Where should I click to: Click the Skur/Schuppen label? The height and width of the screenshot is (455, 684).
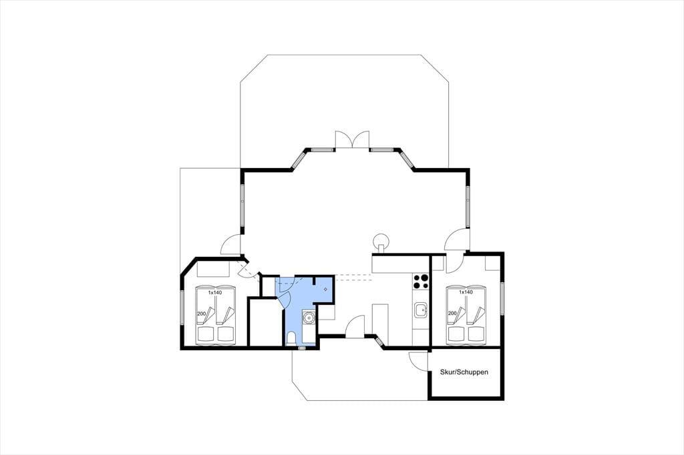tap(464, 372)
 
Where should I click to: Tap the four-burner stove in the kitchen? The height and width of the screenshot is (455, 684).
tap(421, 281)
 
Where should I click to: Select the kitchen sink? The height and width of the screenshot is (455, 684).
tap(421, 310)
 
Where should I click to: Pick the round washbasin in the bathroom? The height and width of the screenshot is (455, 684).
tap(309, 318)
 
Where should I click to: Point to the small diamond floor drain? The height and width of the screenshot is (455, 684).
tap(325, 289)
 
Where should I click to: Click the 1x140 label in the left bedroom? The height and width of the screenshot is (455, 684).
tap(214, 292)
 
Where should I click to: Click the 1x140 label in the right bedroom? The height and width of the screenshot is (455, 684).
tap(466, 292)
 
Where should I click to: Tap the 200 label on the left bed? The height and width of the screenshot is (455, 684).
tap(201, 314)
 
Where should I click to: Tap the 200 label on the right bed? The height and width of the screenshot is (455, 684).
tap(452, 314)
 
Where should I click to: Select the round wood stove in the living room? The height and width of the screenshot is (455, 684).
tap(381, 241)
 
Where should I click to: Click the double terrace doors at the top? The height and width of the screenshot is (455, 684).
tap(352, 139)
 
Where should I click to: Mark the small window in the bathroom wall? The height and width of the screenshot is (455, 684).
tap(301, 349)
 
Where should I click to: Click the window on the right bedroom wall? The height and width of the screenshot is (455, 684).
tap(502, 298)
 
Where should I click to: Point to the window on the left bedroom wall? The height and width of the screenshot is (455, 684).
tap(182, 308)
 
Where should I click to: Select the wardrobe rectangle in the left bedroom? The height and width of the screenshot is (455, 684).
tap(213, 269)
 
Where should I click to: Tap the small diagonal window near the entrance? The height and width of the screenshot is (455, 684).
tap(379, 342)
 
